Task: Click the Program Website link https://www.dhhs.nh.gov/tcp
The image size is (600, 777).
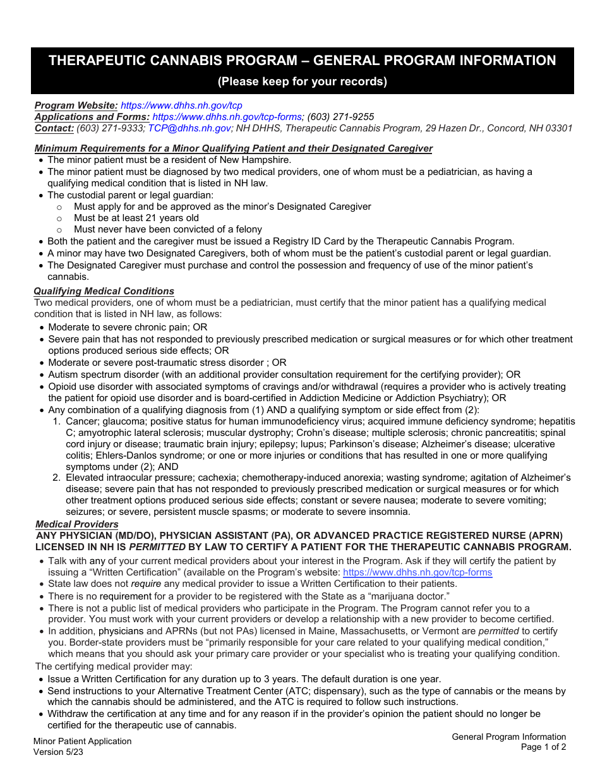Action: point(181,105)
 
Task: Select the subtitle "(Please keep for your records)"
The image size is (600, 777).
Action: point(302,81)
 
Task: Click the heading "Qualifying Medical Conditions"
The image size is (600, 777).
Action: point(104,291)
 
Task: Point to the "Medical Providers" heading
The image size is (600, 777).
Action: point(76,524)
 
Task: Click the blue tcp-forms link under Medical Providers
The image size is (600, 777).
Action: point(417,572)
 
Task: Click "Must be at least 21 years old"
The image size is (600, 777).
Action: point(136,218)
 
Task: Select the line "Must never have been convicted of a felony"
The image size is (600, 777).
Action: point(167,229)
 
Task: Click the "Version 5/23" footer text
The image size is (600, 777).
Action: point(58,752)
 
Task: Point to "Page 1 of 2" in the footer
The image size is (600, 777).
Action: point(543,747)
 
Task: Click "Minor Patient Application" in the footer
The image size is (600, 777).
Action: point(82,742)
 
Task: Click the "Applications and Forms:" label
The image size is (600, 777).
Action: point(92,117)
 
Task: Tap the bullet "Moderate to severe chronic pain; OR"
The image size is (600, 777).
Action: point(128,327)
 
